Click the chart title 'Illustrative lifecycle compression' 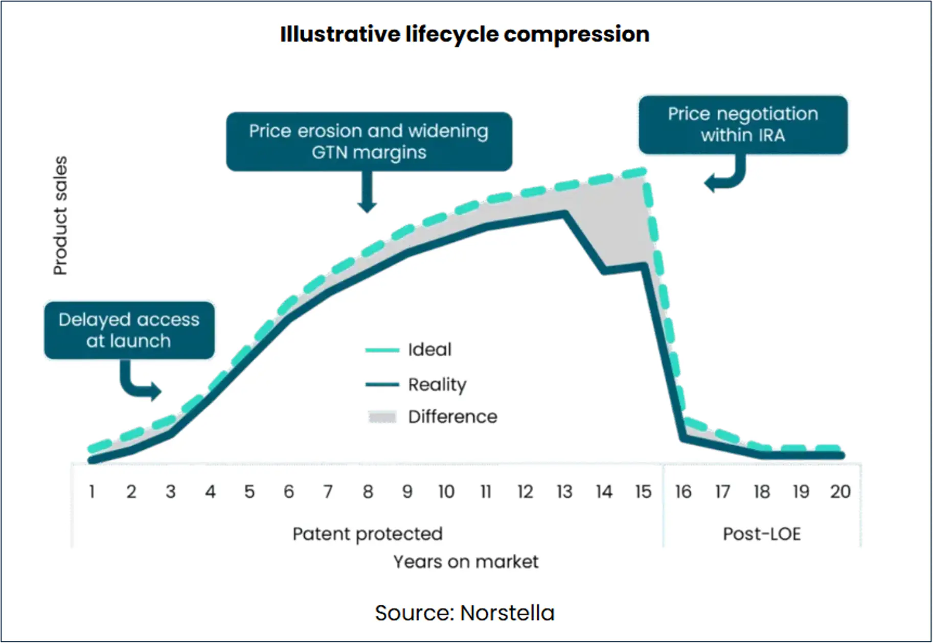pyautogui.click(x=464, y=34)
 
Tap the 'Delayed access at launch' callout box pyautogui.click(x=129, y=330)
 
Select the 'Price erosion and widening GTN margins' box pyautogui.click(x=369, y=142)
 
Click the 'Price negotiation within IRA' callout pyautogui.click(x=742, y=125)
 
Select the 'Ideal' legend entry pyautogui.click(x=429, y=350)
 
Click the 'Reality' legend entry pyautogui.click(x=437, y=384)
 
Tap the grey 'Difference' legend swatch pyautogui.click(x=382, y=417)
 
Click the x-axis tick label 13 pyautogui.click(x=564, y=492)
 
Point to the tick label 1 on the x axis pyautogui.click(x=92, y=492)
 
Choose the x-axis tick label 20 pyautogui.click(x=840, y=492)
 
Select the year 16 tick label pyautogui.click(x=683, y=492)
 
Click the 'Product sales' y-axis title pyautogui.click(x=60, y=216)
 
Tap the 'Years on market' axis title pyautogui.click(x=466, y=562)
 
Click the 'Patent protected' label pyautogui.click(x=367, y=534)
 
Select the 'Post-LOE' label pyautogui.click(x=762, y=534)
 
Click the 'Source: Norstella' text pyautogui.click(x=464, y=613)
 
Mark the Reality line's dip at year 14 pyautogui.click(x=605, y=270)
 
